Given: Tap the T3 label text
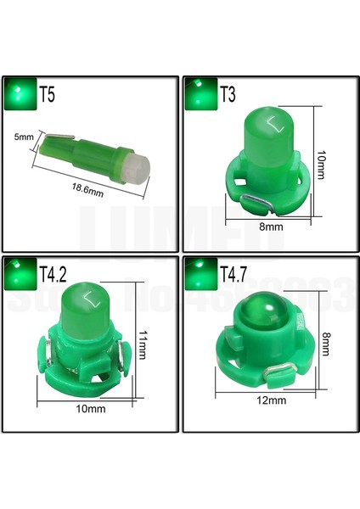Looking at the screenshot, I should pyautogui.click(x=229, y=95).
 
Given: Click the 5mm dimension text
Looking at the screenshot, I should pyautogui.click(x=25, y=136).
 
